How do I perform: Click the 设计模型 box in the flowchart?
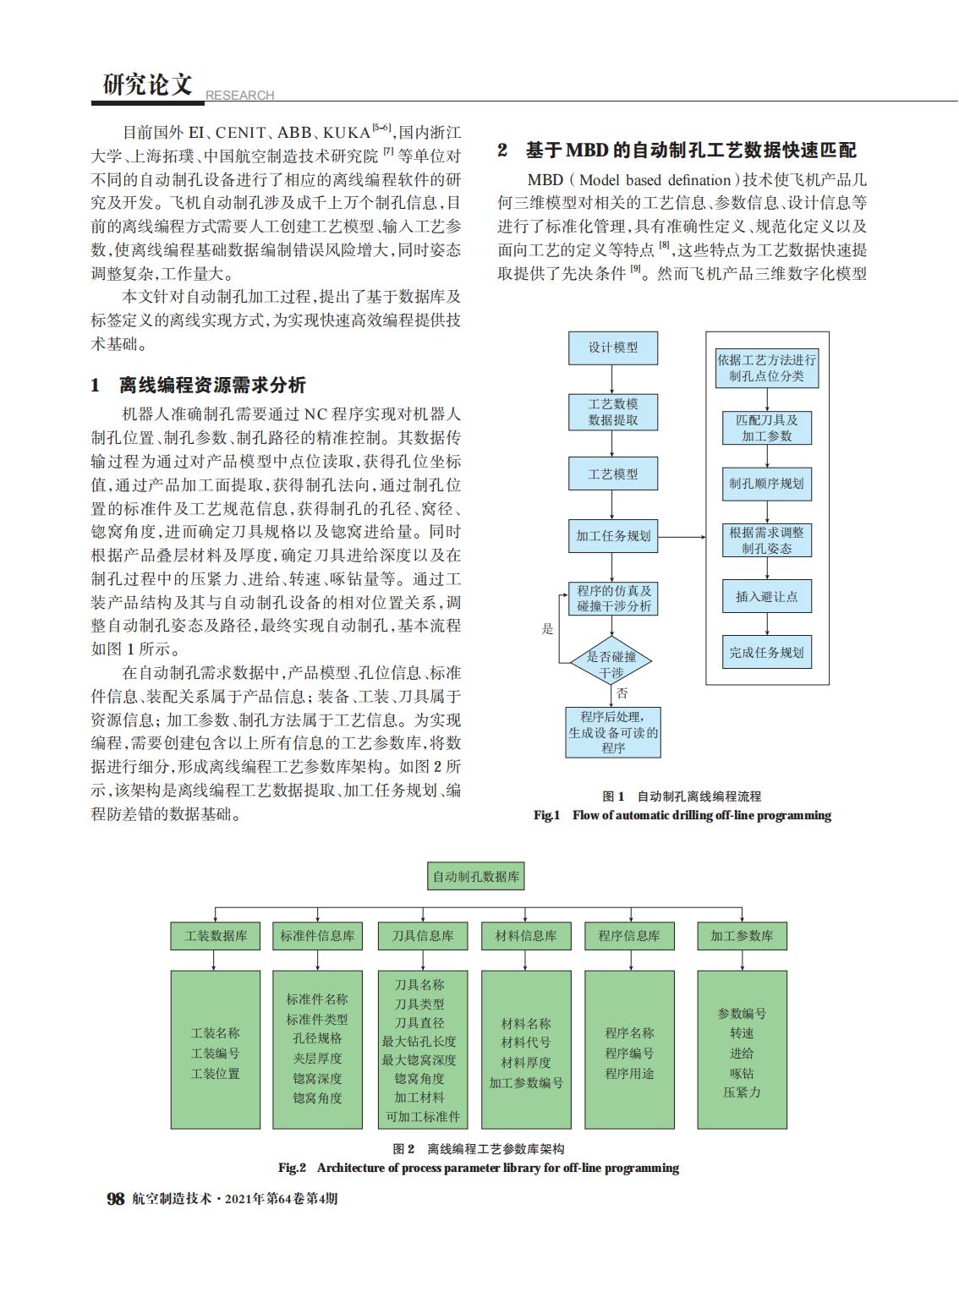tap(613, 348)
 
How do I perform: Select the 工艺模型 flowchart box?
tap(613, 474)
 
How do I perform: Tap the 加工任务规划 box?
tap(613, 536)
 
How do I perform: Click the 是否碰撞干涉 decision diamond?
tap(611, 665)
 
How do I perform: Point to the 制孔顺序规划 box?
tap(766, 484)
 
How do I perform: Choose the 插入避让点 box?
tap(766, 596)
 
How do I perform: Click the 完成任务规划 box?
tap(766, 653)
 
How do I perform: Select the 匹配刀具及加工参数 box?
tap(766, 428)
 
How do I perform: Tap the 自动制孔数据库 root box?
tap(476, 877)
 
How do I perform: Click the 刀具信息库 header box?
tap(423, 936)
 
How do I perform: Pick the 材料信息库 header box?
tap(526, 936)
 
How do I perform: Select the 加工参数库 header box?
tap(742, 936)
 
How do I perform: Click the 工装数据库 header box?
tap(216, 936)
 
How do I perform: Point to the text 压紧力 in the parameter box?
tap(742, 1092)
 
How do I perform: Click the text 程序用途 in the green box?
tap(629, 1074)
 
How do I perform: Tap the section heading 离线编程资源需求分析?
tap(212, 386)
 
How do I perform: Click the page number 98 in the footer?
tap(116, 1199)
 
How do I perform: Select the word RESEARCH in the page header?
tap(240, 96)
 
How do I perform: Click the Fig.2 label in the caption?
tap(292, 1169)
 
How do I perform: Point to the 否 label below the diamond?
tap(622, 693)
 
